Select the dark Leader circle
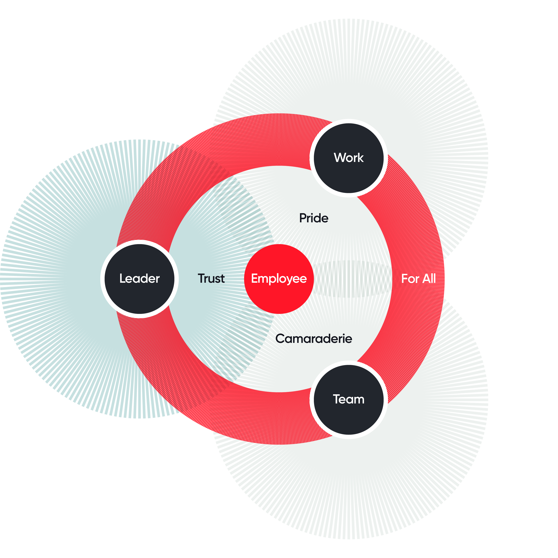[139, 279]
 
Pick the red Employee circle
[279, 279]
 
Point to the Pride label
[314, 218]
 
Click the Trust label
[211, 278]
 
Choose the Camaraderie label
[314, 339]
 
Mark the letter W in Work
[340, 158]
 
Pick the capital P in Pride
[303, 218]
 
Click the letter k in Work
[361, 158]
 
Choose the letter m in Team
[358, 400]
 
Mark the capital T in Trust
[202, 278]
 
